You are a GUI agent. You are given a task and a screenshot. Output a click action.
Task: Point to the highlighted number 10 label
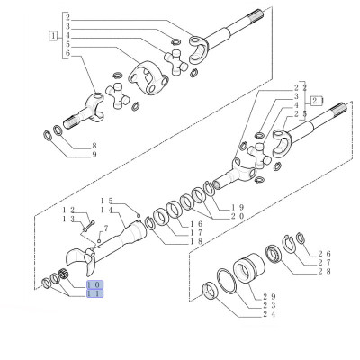94,285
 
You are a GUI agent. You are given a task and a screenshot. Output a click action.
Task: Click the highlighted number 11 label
94,294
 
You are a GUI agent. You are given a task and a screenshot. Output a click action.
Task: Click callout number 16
171,225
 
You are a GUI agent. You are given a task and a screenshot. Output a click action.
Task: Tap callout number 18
171,243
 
